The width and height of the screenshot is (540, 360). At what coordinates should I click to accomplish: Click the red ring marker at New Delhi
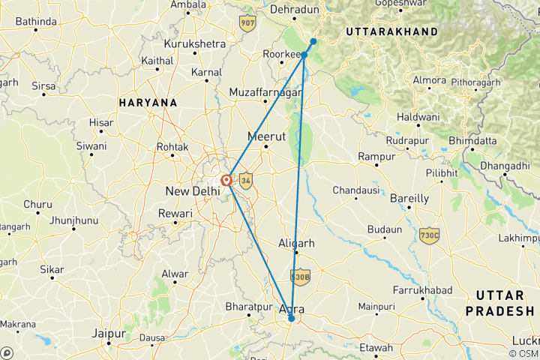click(x=226, y=180)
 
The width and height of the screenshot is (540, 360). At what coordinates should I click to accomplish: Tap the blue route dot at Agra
click(x=291, y=319)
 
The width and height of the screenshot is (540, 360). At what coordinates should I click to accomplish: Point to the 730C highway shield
click(x=430, y=235)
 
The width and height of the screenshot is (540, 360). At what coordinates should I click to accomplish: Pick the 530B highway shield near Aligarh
click(x=300, y=277)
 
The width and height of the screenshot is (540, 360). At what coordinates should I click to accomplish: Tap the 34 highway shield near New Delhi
click(x=244, y=180)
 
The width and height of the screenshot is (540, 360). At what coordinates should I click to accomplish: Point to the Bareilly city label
click(x=409, y=199)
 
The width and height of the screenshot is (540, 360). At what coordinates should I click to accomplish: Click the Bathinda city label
click(x=36, y=22)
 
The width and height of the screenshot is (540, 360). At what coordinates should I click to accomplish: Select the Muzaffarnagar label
click(x=265, y=92)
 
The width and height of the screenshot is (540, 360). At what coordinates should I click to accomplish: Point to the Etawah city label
click(x=375, y=348)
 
